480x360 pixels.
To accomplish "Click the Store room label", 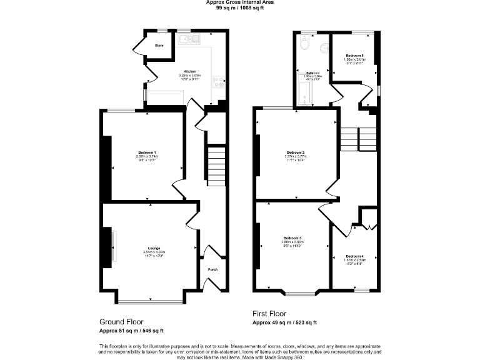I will (x=159, y=46).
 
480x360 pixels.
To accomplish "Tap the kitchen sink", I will (x=187, y=41).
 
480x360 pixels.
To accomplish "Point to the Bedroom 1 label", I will (x=147, y=152).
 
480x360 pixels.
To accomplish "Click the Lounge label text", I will (x=153, y=248).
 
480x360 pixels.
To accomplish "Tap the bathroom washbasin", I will (x=322, y=49).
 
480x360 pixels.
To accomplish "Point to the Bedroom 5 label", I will (x=354, y=56).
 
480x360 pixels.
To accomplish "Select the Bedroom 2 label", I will (x=295, y=152).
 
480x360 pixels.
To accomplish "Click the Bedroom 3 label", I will (x=292, y=238).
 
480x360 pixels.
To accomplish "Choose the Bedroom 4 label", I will (x=354, y=256).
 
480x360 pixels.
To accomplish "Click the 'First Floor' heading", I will (x=269, y=314).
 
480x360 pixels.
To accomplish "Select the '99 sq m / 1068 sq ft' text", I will (x=239, y=9).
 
